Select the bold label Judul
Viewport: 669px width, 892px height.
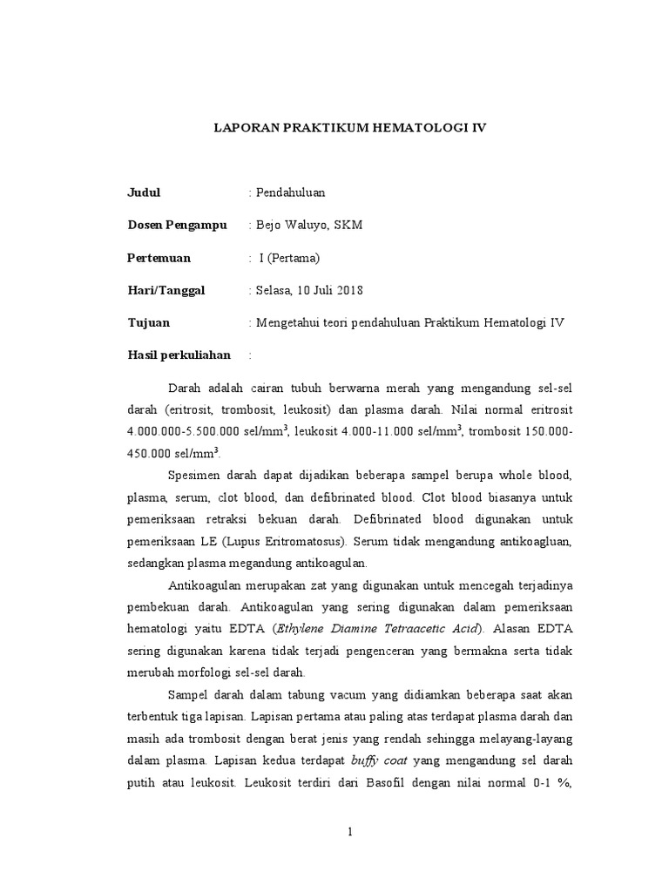145,193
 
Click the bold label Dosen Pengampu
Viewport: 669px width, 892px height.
177,226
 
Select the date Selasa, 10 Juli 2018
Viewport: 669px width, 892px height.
308,291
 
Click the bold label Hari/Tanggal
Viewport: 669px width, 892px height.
166,291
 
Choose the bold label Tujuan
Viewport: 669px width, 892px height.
149,323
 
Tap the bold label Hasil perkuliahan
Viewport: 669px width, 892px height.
179,355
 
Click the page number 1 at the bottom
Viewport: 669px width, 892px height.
349,832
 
